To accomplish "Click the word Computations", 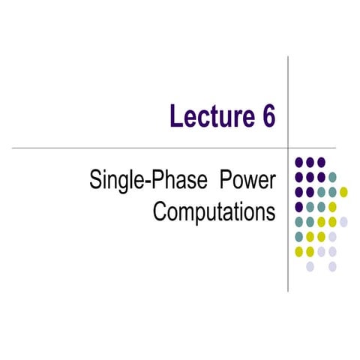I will pyautogui.click(x=214, y=212).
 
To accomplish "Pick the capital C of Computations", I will pyautogui.click(x=160, y=212).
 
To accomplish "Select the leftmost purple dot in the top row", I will pyautogui.click(x=299, y=162).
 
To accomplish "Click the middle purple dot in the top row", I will pyautogui.click(x=310, y=162).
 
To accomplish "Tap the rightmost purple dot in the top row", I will pyautogui.click(x=321, y=162).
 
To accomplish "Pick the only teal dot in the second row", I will pyautogui.click(x=332, y=177).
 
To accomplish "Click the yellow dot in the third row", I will pyautogui.click(x=343, y=192).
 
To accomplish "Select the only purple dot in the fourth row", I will pyautogui.click(x=299, y=206).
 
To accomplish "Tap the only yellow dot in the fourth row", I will pyautogui.click(x=332, y=206).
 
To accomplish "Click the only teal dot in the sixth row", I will pyautogui.click(x=299, y=236).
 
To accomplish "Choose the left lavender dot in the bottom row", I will pyautogui.click(x=310, y=265).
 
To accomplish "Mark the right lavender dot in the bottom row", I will pyautogui.click(x=332, y=265).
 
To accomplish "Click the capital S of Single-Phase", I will pyautogui.click(x=95, y=181).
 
